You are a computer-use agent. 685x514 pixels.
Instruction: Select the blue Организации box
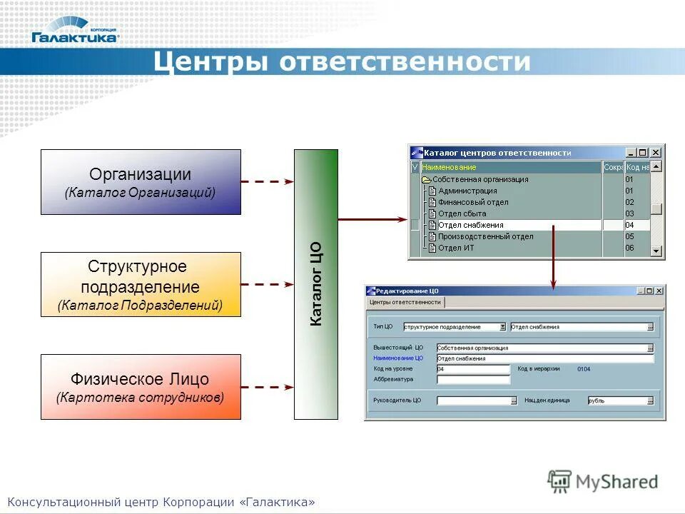[141, 182]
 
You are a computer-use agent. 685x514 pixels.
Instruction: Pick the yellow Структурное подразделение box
[141, 285]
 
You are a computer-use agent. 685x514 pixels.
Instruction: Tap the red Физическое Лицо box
[141, 387]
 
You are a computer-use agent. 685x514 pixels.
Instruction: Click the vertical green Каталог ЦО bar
[316, 284]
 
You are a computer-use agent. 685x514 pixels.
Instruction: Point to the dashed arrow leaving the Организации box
[267, 182]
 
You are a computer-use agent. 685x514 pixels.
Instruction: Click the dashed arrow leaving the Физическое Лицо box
[267, 387]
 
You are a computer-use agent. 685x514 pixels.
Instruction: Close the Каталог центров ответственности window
[656, 153]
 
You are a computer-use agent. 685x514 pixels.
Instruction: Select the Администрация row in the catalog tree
[467, 191]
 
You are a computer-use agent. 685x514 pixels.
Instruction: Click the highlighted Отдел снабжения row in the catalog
[471, 225]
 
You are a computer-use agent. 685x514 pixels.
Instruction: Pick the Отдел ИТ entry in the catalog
[456, 248]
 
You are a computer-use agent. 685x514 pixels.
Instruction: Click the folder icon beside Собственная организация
[427, 180]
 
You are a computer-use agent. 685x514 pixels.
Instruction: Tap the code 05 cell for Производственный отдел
[629, 236]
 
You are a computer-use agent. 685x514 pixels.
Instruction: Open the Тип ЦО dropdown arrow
[502, 327]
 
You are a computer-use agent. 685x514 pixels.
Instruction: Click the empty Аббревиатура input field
[472, 380]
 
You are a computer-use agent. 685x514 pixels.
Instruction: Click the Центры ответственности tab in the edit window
[405, 303]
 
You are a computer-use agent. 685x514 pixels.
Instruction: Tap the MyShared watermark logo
[603, 482]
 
